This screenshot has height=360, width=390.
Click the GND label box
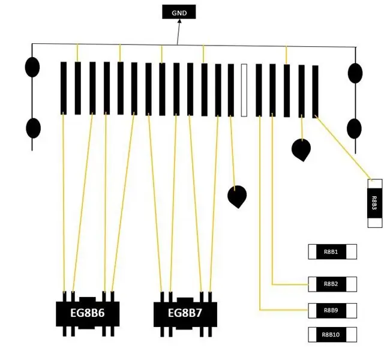tap(179, 11)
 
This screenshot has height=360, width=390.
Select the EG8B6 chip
tap(88, 314)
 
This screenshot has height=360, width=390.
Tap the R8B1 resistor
tap(332, 252)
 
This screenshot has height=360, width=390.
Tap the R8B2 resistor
tap(332, 284)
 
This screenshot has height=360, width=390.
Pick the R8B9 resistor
tap(332, 310)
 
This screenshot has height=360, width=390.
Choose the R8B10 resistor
tap(332, 335)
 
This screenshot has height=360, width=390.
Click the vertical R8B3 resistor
tap(375, 203)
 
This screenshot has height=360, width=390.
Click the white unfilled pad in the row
tap(244, 90)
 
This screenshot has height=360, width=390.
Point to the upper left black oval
tap(32, 67)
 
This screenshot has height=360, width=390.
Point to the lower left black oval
tap(34, 128)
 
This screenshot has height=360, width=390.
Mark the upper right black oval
tap(355, 73)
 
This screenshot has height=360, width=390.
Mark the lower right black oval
tap(354, 128)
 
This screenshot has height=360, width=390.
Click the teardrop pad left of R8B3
tap(301, 150)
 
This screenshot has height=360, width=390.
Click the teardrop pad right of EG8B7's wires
tap(237, 197)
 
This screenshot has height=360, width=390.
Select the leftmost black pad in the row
tap(64, 88)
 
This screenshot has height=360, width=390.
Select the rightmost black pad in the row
tap(315, 92)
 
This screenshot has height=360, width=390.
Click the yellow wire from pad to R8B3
tap(343, 147)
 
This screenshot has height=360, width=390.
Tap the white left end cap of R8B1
tap(312, 252)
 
